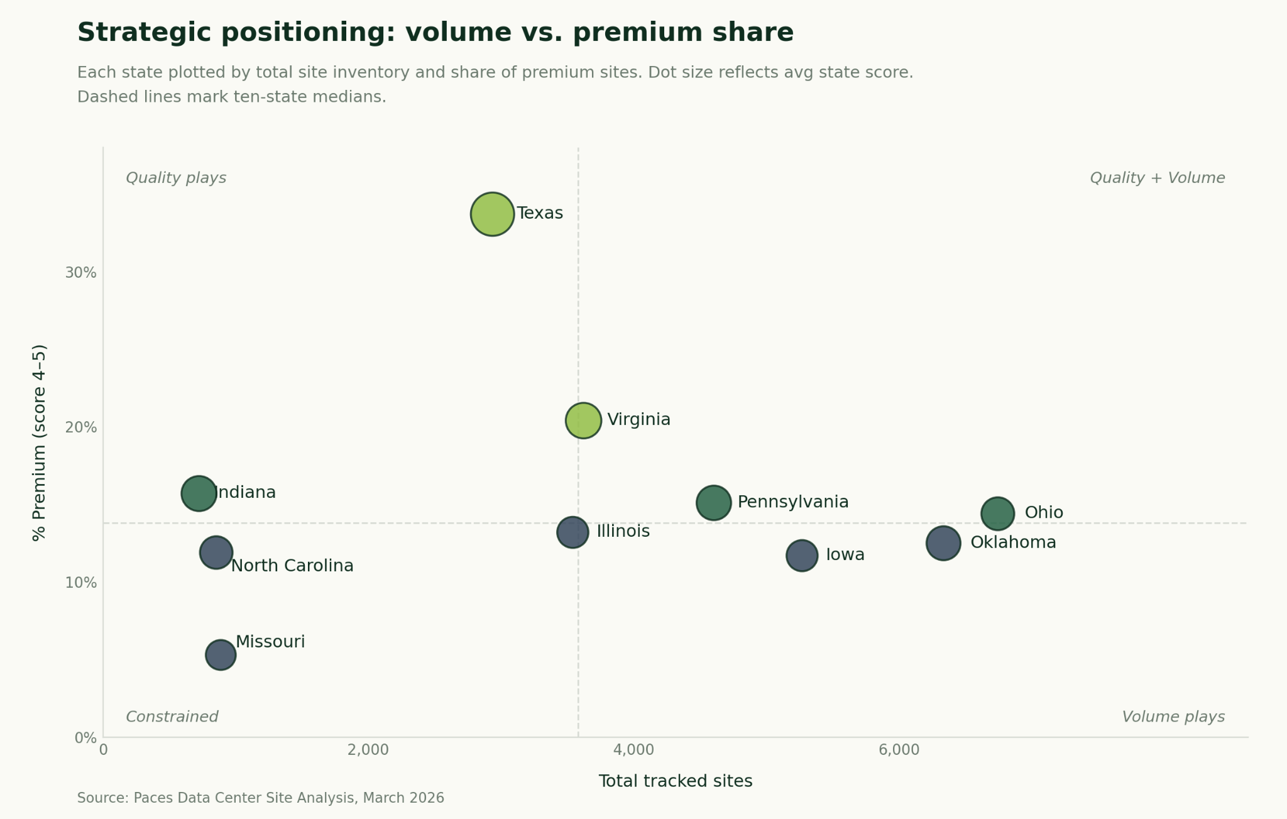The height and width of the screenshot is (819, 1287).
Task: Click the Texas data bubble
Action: [493, 214]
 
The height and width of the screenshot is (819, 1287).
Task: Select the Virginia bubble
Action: [583, 420]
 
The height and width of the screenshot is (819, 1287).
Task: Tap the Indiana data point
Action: [199, 493]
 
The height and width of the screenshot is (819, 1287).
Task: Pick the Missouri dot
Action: [221, 655]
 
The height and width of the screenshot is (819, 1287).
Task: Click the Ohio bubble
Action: [997, 514]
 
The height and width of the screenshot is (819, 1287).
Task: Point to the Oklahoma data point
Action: [943, 543]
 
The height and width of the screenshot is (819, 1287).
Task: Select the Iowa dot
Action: [802, 556]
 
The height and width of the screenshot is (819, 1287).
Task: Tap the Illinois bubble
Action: [572, 532]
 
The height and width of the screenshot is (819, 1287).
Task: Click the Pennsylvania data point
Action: [713, 503]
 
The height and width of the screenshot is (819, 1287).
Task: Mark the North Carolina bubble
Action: [216, 553]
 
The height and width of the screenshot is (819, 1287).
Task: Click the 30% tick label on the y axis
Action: [81, 273]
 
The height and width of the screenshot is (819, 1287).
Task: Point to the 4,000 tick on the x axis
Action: [633, 750]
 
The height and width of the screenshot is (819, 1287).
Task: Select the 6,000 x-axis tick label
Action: [899, 750]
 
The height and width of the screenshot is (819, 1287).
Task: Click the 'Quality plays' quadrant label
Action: [176, 178]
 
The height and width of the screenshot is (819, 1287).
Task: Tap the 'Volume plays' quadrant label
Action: [1173, 717]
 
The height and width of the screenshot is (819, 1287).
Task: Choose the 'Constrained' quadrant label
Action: [172, 717]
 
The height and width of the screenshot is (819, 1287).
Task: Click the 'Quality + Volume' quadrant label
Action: [1157, 178]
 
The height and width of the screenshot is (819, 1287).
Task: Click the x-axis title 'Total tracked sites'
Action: [675, 781]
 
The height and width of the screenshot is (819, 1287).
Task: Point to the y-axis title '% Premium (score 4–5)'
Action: [39, 442]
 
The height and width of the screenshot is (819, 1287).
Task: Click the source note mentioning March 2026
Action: [260, 798]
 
